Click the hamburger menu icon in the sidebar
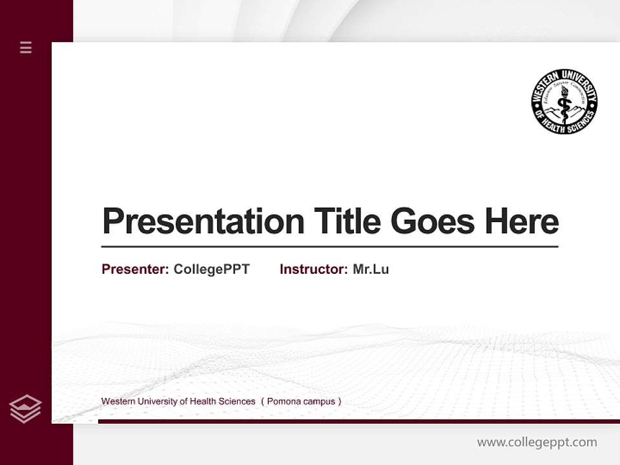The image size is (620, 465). (26, 47)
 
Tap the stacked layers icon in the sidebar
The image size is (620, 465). (25, 409)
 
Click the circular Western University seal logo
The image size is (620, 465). (564, 101)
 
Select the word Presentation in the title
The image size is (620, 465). (203, 221)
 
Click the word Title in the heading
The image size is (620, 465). (347, 221)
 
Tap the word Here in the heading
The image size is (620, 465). (522, 221)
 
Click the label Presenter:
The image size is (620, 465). (135, 269)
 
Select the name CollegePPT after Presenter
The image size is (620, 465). (211, 269)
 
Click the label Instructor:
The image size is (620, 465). (313, 269)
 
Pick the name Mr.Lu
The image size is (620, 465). (371, 269)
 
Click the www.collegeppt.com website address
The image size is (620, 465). (537, 442)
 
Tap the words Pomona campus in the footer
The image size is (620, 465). (300, 402)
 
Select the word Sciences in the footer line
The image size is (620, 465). (237, 402)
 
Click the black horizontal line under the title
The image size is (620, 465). (329, 246)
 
